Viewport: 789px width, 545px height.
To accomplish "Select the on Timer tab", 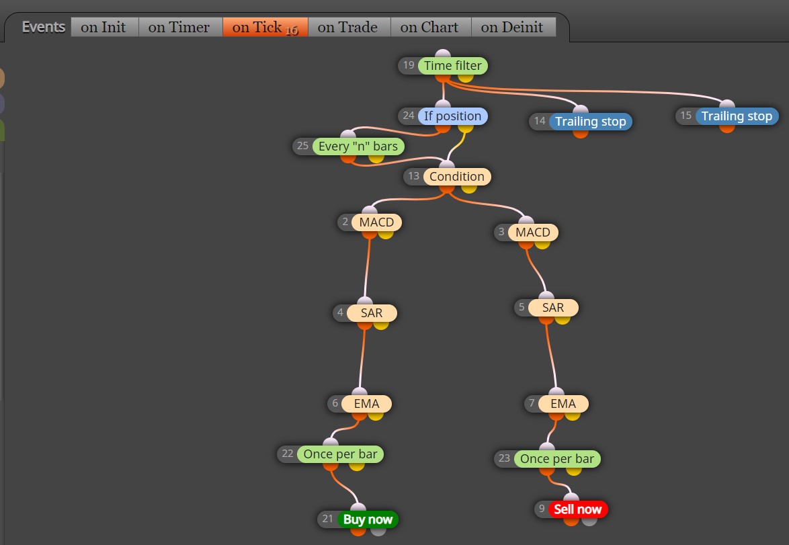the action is coord(180,27).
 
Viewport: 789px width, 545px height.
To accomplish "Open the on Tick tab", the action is coord(265,27).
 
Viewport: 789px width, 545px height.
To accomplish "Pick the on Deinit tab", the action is coord(513,27).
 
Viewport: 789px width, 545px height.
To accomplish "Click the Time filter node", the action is coord(452,65).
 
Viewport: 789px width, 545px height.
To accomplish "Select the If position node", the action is coord(452,116).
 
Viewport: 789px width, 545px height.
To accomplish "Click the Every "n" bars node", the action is coord(358,146).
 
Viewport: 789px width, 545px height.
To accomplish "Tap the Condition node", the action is coord(457,177).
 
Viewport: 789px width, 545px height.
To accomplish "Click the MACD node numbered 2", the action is coord(376,222).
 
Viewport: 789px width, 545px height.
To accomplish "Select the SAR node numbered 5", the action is coord(553,308).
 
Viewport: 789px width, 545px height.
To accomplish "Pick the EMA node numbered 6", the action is coord(366,404).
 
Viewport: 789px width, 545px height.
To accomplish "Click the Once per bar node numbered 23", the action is coord(557,459).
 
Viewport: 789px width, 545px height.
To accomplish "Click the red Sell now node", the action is coord(578,509).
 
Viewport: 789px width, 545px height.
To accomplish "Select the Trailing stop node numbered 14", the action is coord(590,122).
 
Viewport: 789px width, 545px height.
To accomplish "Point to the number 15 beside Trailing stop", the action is coord(686,116).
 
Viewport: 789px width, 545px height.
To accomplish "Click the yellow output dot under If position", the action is coord(466,128).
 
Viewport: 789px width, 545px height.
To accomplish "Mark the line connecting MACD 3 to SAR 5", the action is coord(536,270).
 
